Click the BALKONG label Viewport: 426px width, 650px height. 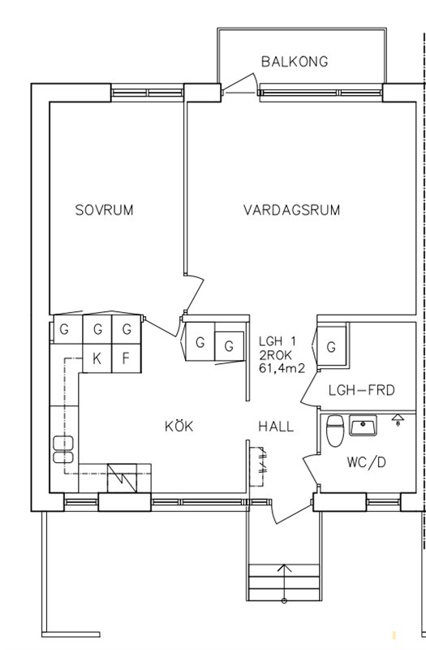coord(295,62)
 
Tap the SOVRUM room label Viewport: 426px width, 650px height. coord(105,210)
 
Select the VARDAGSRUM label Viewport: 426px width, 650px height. coord(291,210)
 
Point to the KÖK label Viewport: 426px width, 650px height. coord(179,426)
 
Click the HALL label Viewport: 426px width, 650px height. coord(276,426)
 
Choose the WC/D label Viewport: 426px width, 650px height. coord(367,461)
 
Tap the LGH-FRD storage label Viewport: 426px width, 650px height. coord(361,390)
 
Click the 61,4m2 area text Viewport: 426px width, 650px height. coord(282,368)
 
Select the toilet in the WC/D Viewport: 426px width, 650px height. coord(335,431)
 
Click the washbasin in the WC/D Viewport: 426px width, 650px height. coord(363,425)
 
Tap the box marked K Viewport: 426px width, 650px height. coord(97,358)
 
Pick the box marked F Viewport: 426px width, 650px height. coord(127,358)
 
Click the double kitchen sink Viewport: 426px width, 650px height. coord(63,449)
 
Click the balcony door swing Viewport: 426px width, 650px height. coord(240,84)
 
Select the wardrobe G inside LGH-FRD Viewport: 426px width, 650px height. coord(331,347)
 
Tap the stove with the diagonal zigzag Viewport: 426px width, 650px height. coord(122,478)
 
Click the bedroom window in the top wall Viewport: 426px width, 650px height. coord(148,93)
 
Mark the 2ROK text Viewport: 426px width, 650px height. coord(276,355)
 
